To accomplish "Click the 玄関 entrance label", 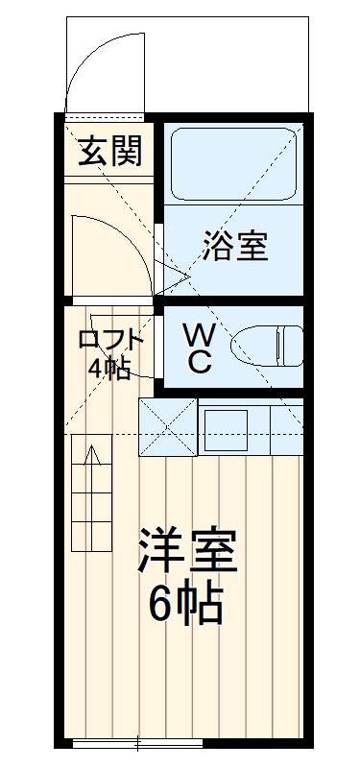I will (x=110, y=151).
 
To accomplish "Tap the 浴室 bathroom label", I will (x=234, y=247).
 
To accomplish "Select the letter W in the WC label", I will (x=200, y=335).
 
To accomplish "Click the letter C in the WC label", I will (x=200, y=362).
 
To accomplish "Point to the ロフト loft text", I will (x=110, y=339).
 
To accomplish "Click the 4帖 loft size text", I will (x=109, y=369).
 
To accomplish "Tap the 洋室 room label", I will (x=186, y=554).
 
